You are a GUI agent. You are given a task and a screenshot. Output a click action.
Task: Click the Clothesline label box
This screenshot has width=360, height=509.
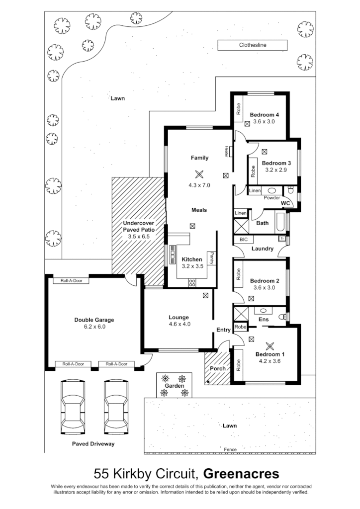253,45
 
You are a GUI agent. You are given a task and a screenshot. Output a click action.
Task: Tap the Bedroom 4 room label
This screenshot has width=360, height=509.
264,115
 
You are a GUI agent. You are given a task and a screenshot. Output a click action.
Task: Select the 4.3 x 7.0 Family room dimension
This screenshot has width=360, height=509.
199,185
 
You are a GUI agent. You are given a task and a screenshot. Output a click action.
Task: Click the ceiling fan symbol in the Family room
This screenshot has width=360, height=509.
199,174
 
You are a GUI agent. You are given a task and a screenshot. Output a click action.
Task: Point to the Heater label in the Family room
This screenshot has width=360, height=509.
226,152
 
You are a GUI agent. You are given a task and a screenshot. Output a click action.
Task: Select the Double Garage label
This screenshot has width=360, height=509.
94,320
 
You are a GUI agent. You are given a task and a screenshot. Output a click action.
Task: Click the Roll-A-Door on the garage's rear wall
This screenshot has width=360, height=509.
71,280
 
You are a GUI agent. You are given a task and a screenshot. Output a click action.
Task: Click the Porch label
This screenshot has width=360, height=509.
218,369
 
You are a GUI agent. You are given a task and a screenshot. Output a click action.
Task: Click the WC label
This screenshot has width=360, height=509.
285,203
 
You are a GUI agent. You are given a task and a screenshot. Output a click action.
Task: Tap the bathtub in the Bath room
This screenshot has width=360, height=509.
279,223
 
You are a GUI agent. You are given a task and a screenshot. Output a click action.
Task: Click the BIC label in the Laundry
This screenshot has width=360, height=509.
243,240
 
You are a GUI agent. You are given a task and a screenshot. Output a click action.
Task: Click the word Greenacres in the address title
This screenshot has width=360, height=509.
241,473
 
